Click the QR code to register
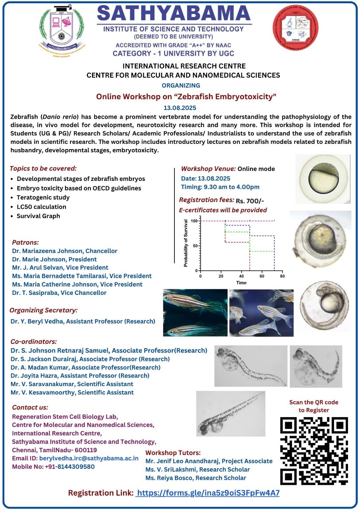click(314, 451)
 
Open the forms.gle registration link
click(207, 493)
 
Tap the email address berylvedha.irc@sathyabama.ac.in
click(89, 458)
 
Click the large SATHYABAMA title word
click(174, 14)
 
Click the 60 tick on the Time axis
click(262, 276)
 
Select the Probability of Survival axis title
click(186, 243)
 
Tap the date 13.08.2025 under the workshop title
click(180, 108)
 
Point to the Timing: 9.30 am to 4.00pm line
click(220, 187)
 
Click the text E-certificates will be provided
click(223, 210)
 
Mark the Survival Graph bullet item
click(38, 216)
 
